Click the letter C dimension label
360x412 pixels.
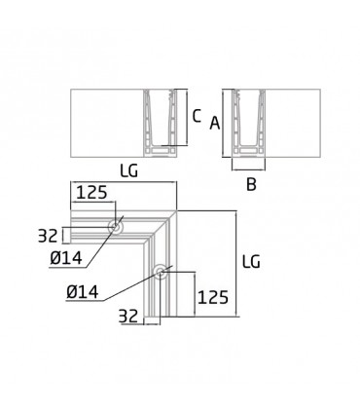197,116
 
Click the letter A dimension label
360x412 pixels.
215,123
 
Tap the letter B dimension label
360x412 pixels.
251,184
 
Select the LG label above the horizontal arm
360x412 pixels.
128,170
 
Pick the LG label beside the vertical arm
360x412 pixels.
251,262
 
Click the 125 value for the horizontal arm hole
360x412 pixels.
91,192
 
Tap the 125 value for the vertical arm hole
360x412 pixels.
213,297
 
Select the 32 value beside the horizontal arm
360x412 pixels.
48,236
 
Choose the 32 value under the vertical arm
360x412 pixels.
128,316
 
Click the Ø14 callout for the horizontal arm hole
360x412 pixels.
66,258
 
